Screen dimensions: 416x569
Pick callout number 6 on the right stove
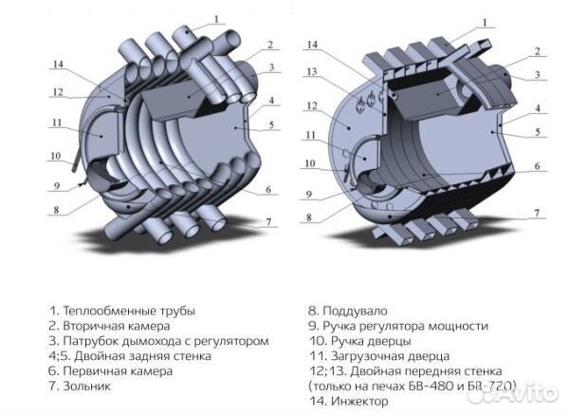[x=539, y=165]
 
